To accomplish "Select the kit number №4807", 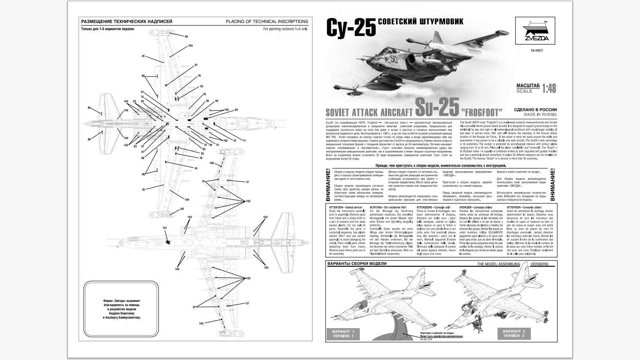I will coord(537,51).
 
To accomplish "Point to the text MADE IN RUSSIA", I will coord(540,114).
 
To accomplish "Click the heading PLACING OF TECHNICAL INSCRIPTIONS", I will coord(267,22).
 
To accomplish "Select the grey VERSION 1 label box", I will coord(343,334).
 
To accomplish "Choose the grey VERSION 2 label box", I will coord(514,334).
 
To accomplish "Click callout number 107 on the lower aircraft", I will coord(165,228).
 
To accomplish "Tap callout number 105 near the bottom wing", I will coord(201,323).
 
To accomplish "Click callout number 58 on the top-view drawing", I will coord(236,110).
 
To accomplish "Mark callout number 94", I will coord(216,101).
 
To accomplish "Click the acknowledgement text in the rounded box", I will coord(121,308).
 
